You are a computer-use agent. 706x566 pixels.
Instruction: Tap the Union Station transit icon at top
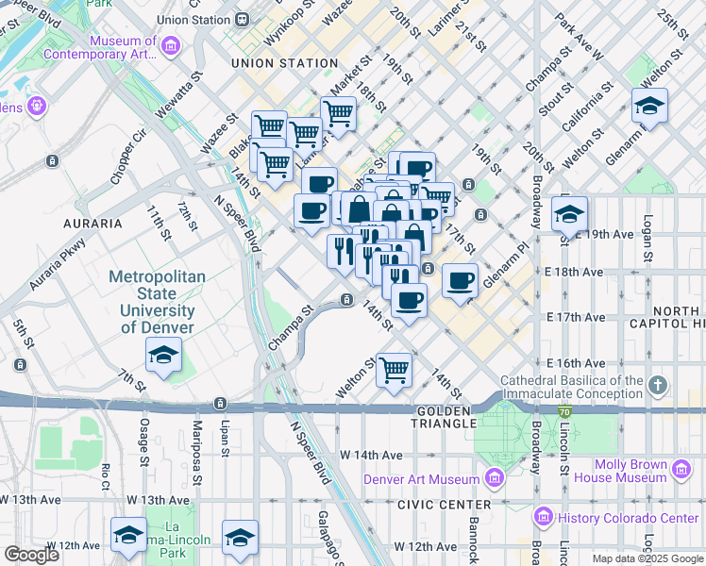coord(244,19)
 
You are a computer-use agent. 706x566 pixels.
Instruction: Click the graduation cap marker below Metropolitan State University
coord(164,356)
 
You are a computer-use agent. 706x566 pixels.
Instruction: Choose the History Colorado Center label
coord(628,518)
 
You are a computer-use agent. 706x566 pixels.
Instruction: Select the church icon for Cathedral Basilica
coord(659,385)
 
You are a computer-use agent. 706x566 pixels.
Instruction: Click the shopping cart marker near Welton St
coord(393,369)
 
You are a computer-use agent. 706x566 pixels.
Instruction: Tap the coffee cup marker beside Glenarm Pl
coord(460,280)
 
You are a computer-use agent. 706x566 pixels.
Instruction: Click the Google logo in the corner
coord(31,555)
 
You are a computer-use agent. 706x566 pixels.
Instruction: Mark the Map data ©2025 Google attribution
coord(647,558)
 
